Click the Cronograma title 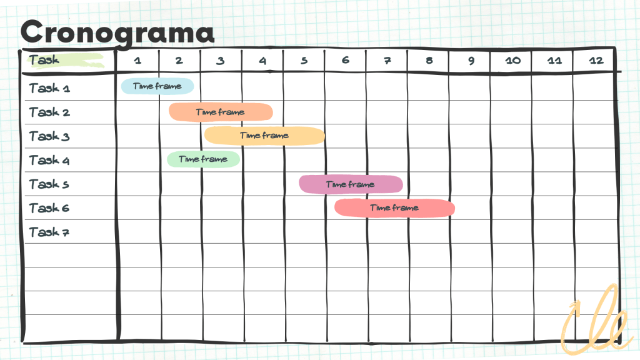[x=117, y=31]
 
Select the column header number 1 [x=137, y=61]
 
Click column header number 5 [x=304, y=61]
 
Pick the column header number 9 [x=470, y=61]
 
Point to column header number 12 [x=596, y=61]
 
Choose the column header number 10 [x=512, y=61]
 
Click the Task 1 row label [x=49, y=88]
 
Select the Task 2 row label [x=49, y=112]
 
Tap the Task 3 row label [x=49, y=136]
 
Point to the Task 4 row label [x=49, y=160]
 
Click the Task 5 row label [x=49, y=184]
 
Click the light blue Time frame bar [x=157, y=86]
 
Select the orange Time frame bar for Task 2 [x=220, y=112]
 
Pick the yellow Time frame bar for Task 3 [x=264, y=136]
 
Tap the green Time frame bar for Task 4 [x=202, y=159]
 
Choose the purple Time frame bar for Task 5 [x=350, y=184]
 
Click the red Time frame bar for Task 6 [x=394, y=208]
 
